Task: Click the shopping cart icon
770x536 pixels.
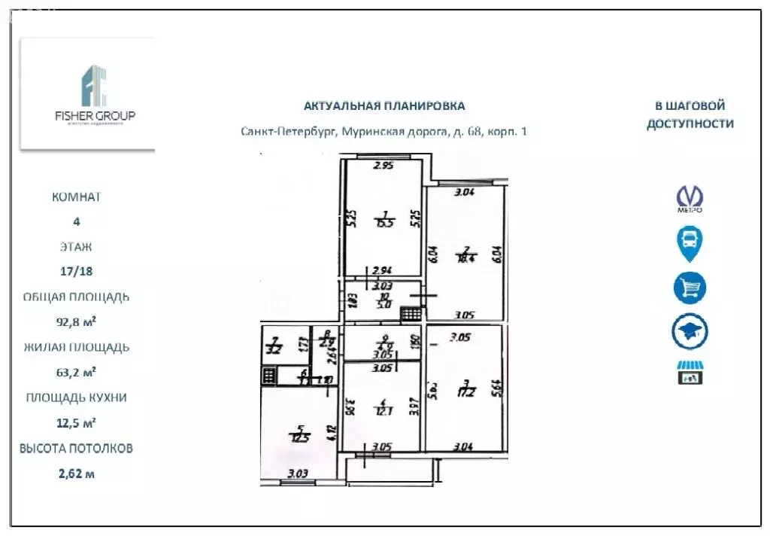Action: (690, 288)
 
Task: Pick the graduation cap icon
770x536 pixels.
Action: (690, 331)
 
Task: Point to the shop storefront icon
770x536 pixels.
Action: (690, 372)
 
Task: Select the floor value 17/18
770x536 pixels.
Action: (76, 271)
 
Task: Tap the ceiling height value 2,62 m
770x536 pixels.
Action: (76, 474)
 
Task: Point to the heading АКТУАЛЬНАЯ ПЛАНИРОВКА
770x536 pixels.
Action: (383, 106)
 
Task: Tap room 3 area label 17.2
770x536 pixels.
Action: (466, 392)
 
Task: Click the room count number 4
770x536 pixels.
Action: (76, 221)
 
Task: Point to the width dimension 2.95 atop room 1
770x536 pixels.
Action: (384, 166)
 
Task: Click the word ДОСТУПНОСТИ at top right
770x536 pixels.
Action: (690, 124)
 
